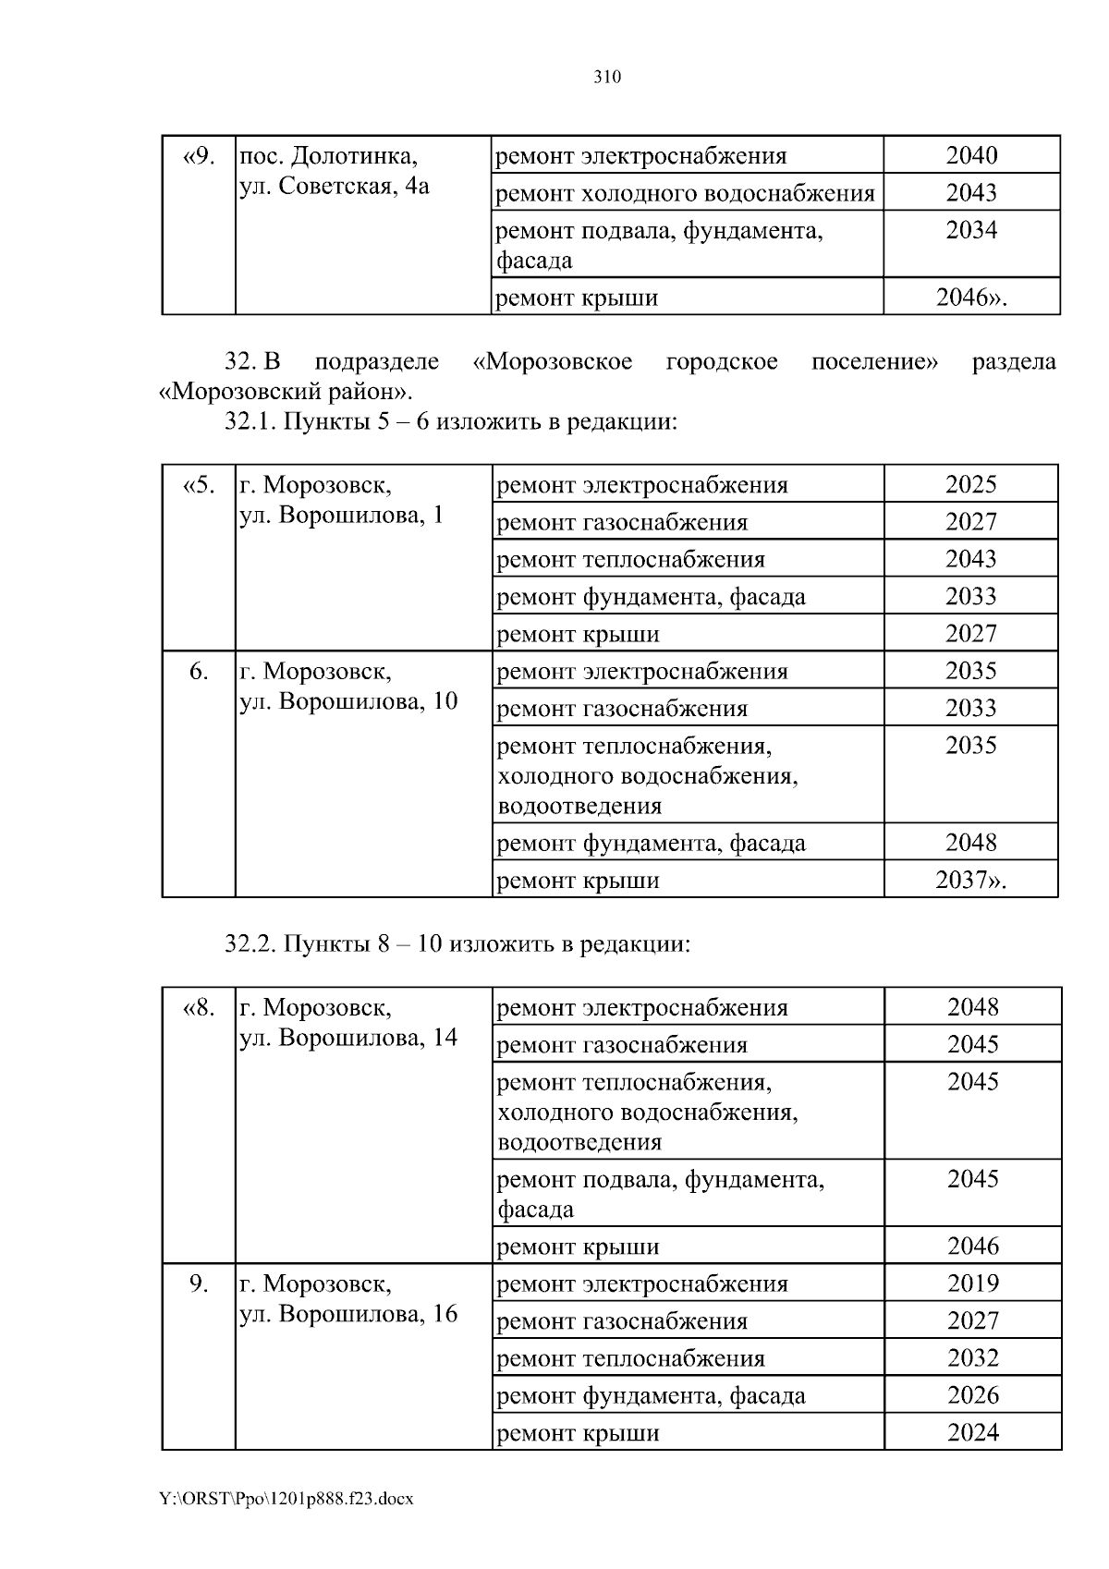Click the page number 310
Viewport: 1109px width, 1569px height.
pyautogui.click(x=606, y=78)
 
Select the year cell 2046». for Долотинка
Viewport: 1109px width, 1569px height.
pyautogui.click(x=970, y=298)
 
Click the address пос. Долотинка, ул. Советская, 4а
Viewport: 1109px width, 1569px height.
pyautogui.click(x=335, y=171)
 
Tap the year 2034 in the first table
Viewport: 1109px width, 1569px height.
pyautogui.click(x=971, y=230)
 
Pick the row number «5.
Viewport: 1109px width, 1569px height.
pyautogui.click(x=199, y=485)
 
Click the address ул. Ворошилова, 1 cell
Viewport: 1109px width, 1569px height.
pyautogui.click(x=342, y=500)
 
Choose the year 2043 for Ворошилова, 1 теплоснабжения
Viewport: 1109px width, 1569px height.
pyautogui.click(x=971, y=559)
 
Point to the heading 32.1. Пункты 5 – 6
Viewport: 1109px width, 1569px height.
pyautogui.click(x=452, y=422)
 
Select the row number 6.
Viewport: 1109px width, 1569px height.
pyautogui.click(x=199, y=672)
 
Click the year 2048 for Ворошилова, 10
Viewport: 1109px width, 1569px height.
pyautogui.click(x=971, y=843)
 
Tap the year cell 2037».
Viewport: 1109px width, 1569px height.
pyautogui.click(x=970, y=880)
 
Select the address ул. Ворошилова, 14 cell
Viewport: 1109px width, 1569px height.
pyautogui.click(x=348, y=1023)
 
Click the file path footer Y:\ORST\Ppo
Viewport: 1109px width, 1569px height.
pyautogui.click(x=286, y=1499)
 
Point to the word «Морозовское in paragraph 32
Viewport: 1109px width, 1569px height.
pyautogui.click(x=552, y=361)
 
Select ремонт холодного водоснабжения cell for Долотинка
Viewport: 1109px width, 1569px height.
pyautogui.click(x=685, y=193)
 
